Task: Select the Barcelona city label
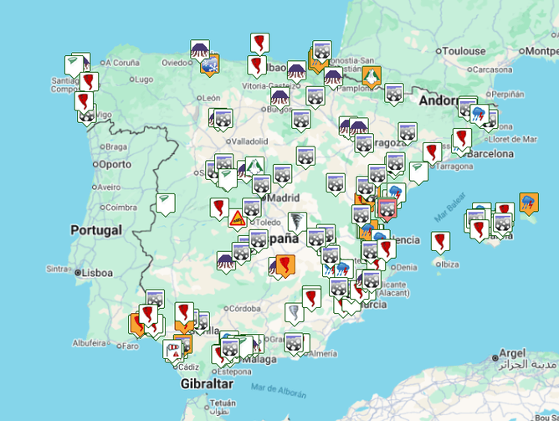click(490, 154)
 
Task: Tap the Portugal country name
click(96, 230)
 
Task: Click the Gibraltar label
click(205, 383)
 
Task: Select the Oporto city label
click(115, 164)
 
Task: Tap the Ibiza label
click(449, 264)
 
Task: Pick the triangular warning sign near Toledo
click(238, 219)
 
